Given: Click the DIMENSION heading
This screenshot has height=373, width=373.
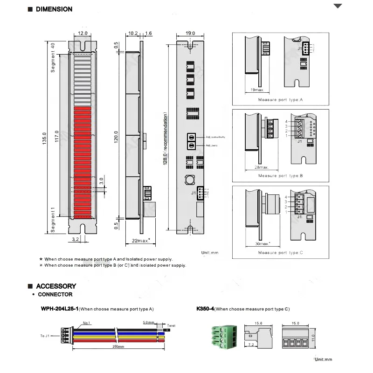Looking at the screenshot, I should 54,9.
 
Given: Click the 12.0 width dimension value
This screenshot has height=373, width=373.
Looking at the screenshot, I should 83,34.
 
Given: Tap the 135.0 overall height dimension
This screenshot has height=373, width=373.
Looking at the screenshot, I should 44,138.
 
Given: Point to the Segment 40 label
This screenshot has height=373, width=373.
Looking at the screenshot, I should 53,58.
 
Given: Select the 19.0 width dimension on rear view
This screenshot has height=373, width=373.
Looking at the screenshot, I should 190,34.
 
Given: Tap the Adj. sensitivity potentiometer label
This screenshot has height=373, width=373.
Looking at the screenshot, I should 215,137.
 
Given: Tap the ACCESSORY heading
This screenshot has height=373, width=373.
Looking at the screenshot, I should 56,286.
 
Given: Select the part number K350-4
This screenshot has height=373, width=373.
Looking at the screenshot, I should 205,309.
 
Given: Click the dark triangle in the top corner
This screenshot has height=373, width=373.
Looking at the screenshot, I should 338,7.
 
